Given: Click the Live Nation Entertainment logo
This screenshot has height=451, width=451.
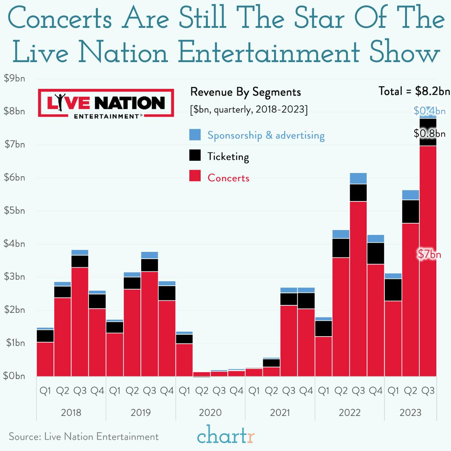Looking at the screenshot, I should [106, 103].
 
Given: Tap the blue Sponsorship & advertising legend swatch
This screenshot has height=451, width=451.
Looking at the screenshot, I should [195, 135].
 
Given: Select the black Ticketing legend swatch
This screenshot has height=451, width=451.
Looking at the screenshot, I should [195, 155].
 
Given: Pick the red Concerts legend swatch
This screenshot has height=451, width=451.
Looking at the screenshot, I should [195, 176].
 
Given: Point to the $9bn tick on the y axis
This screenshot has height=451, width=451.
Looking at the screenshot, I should [14, 78].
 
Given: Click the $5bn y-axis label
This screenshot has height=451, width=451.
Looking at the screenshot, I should [14, 210].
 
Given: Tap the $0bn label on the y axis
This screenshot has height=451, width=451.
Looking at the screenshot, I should [14, 376].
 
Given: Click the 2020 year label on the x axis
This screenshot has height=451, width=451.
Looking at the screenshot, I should [210, 413].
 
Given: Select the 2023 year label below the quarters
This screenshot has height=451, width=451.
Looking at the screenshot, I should [410, 413].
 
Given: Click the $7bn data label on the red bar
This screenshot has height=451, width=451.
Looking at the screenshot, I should [430, 254].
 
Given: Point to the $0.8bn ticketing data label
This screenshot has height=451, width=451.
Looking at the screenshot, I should [430, 133].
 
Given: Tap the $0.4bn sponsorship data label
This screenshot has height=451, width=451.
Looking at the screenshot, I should [430, 111].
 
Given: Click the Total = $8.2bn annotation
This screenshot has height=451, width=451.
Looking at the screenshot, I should [414, 91].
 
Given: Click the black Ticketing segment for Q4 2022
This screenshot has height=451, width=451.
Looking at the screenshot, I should [375, 253].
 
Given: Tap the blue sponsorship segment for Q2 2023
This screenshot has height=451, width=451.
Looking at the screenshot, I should [410, 195].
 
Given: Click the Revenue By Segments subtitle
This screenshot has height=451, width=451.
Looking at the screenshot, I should [245, 92].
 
